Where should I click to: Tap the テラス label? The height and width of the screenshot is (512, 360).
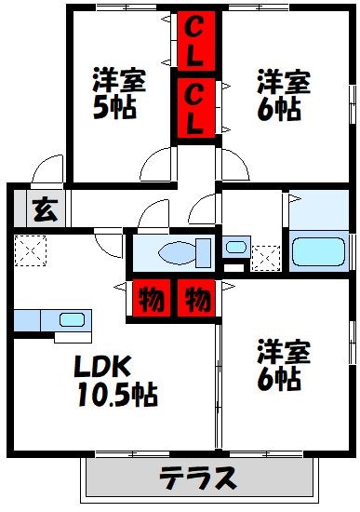click(196, 478)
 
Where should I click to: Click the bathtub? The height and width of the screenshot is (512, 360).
click(319, 251)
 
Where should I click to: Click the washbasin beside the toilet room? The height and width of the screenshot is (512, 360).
click(236, 249)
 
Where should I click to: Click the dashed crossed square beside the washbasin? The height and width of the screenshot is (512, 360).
click(266, 256)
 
